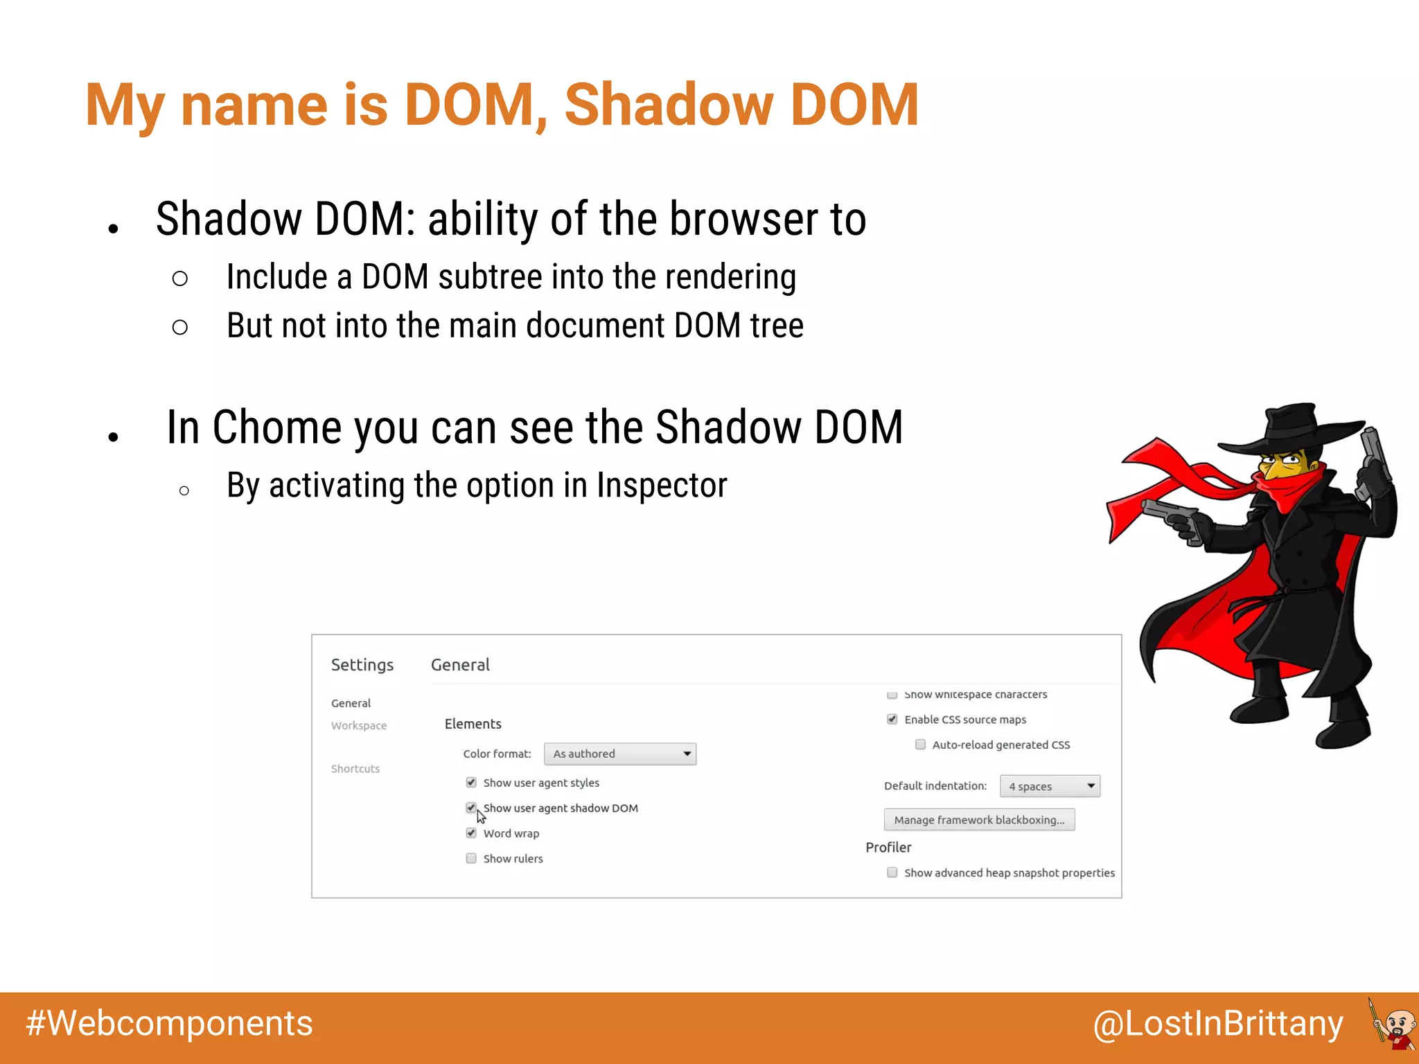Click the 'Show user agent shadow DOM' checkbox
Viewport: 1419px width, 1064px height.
pyautogui.click(x=471, y=808)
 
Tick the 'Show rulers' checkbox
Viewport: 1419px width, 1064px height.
pyautogui.click(x=471, y=858)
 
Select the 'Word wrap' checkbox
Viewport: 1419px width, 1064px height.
pyautogui.click(x=471, y=833)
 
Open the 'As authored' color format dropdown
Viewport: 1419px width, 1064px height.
pyautogui.click(x=620, y=754)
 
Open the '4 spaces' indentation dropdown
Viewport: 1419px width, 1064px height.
pyautogui.click(x=1050, y=786)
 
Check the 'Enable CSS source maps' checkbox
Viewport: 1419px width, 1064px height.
pyautogui.click(x=892, y=720)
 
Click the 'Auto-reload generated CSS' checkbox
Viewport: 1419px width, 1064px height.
pyautogui.click(x=920, y=745)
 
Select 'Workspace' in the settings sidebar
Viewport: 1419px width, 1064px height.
pyautogui.click(x=359, y=725)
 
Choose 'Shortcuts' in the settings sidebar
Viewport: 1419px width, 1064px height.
pyautogui.click(x=355, y=769)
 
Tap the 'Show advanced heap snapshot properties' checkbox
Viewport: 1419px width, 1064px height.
pyautogui.click(x=892, y=873)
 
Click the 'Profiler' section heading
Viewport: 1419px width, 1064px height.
pyautogui.click(x=888, y=847)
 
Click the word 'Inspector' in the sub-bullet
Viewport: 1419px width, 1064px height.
pyautogui.click(x=662, y=485)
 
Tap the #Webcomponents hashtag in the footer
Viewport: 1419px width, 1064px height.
pyautogui.click(x=170, y=1024)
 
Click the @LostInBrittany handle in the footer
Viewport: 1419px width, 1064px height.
pyautogui.click(x=1218, y=1024)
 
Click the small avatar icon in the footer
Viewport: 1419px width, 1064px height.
pyautogui.click(x=1393, y=1024)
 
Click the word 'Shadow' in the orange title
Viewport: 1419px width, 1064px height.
pyautogui.click(x=669, y=105)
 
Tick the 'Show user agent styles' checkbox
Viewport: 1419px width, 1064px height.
pyautogui.click(x=471, y=783)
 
